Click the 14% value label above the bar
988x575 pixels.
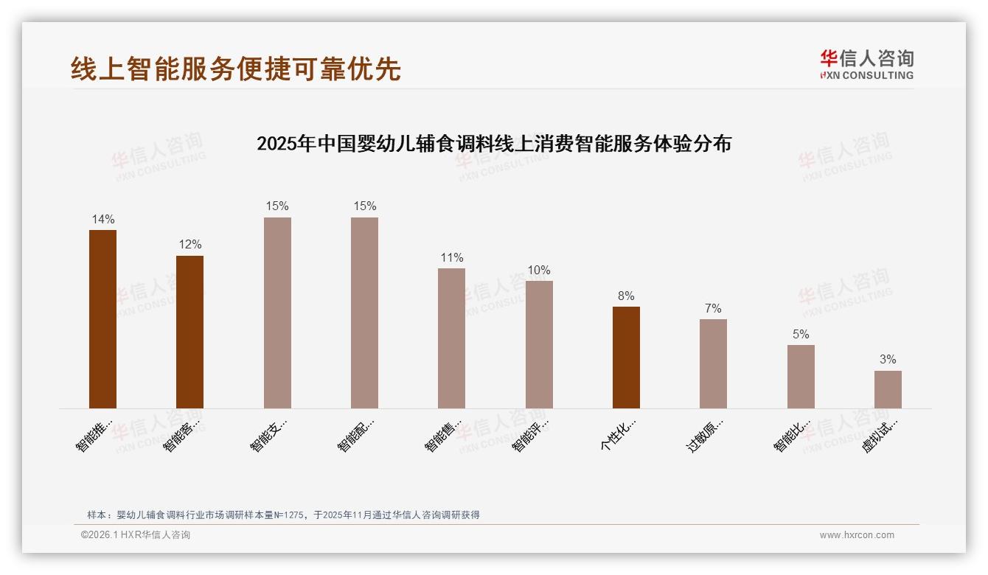103,219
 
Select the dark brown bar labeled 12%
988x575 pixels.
189,332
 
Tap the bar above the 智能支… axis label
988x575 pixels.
277,313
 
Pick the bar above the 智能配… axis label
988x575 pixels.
364,313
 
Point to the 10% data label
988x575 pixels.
539,271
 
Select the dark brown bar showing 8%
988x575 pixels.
626,357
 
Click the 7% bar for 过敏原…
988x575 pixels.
713,363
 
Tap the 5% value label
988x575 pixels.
801,334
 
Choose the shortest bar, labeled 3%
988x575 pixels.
888,389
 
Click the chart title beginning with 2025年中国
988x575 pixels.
494,144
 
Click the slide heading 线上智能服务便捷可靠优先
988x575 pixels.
236,69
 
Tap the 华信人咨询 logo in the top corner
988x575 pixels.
866,64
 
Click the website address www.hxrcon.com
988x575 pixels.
857,535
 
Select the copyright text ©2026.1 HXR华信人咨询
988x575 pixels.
136,535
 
